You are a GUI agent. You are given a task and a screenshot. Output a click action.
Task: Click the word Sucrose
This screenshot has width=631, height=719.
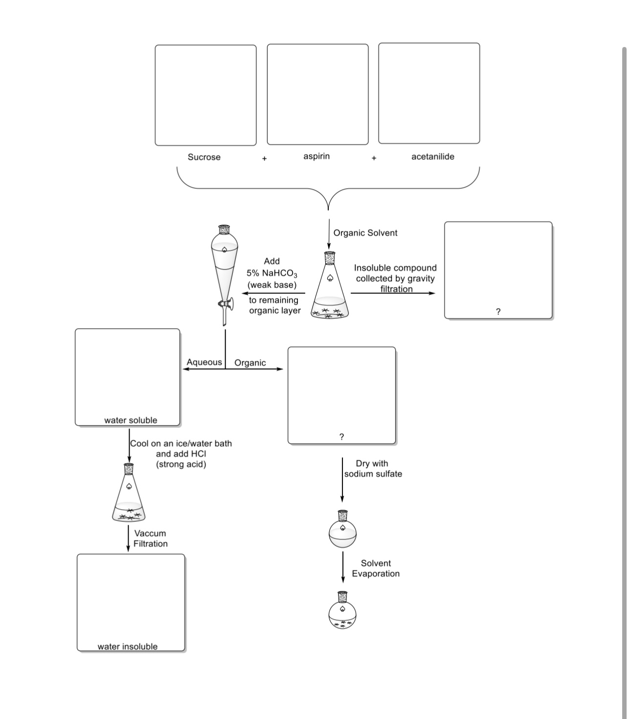click(x=204, y=157)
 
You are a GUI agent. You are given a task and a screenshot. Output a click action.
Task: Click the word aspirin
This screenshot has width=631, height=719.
click(x=316, y=156)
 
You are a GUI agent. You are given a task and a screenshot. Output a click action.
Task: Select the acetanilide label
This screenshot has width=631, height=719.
click(x=432, y=157)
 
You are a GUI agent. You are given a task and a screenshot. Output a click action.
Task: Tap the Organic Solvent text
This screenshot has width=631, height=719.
click(x=365, y=233)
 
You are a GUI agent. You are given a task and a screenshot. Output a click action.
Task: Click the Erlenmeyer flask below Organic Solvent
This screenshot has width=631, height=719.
click(x=330, y=289)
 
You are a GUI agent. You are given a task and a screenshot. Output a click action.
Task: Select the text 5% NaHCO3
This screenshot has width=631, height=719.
click(x=271, y=273)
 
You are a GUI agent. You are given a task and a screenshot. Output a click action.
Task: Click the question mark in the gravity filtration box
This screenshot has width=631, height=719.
click(x=498, y=312)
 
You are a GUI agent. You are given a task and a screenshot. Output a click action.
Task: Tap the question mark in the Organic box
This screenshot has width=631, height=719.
click(x=341, y=437)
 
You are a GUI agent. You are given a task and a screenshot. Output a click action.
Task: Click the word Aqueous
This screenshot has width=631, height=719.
click(x=204, y=362)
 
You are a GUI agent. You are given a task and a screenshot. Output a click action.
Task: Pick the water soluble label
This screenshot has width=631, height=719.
click(x=131, y=420)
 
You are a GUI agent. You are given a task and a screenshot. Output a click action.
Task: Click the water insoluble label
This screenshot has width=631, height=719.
click(x=128, y=646)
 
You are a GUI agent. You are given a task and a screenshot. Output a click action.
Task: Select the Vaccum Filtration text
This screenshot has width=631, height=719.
click(x=150, y=539)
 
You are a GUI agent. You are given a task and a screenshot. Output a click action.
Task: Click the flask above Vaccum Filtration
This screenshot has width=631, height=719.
click(x=129, y=494)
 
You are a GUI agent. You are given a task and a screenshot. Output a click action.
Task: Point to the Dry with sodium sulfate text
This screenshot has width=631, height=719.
click(x=373, y=469)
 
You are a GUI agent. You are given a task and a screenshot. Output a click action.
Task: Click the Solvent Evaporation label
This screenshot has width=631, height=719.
click(x=376, y=568)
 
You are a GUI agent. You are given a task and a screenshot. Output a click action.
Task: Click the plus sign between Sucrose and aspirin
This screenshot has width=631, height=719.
click(x=264, y=158)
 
